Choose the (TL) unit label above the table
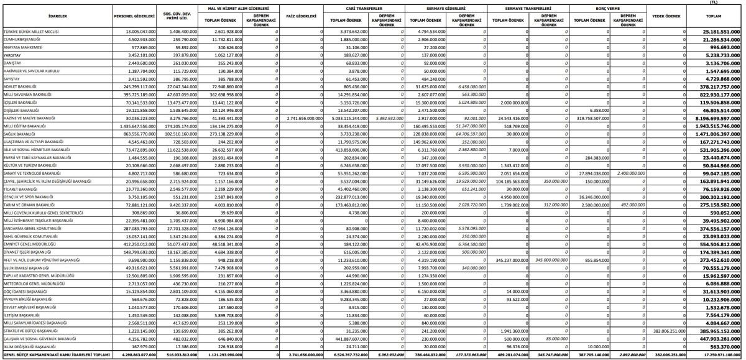[x=722, y=2]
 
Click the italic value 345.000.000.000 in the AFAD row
[x=546, y=260]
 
